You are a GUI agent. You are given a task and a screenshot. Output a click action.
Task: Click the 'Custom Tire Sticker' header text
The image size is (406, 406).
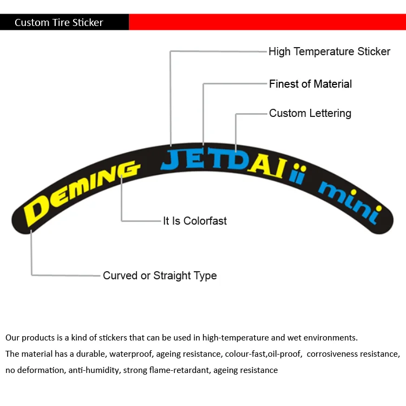click(x=58, y=22)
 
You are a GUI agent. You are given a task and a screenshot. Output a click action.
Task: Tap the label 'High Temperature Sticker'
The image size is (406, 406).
click(x=329, y=52)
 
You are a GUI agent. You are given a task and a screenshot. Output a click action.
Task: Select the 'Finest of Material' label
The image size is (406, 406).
click(x=310, y=84)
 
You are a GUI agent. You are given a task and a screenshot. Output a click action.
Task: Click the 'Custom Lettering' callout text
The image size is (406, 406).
click(x=310, y=113)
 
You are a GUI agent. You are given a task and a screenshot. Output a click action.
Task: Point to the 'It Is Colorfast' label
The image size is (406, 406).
click(x=195, y=221)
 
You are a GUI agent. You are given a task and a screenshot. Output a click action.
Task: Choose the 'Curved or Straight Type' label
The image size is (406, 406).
click(x=160, y=276)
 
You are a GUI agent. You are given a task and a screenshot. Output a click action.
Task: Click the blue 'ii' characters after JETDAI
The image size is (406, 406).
click(x=297, y=176)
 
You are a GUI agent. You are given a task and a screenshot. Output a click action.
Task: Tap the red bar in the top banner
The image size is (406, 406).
click(x=267, y=22)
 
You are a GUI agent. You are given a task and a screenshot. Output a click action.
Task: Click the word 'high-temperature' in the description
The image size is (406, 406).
click(x=233, y=338)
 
